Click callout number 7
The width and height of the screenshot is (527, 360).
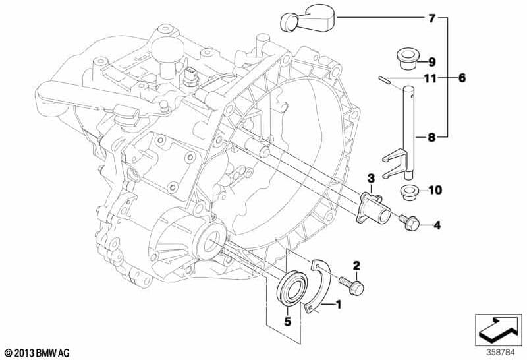(432, 18)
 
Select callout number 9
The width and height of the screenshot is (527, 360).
(432, 62)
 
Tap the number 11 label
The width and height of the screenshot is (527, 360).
(430, 79)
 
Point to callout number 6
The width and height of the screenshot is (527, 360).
(462, 78)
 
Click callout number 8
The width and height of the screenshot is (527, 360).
(432, 138)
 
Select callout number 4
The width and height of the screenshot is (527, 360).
(436, 226)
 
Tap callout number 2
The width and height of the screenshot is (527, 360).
(356, 266)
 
